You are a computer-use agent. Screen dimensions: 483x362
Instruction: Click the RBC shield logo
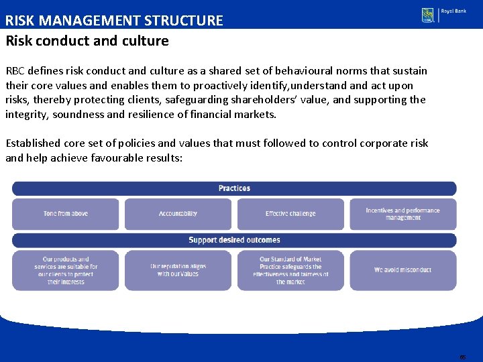coord(427,15)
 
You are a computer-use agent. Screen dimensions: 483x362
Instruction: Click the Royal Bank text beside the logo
coord(453,12)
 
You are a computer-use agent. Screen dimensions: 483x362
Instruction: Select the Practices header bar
coord(234,188)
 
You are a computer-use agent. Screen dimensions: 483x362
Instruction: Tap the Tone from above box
coord(66,214)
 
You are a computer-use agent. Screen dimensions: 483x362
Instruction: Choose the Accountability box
coord(178,214)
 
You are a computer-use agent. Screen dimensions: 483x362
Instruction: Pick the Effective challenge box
coord(290,214)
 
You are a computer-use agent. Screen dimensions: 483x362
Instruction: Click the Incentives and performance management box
coord(403,214)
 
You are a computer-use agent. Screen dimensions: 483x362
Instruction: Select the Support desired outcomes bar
coord(234,240)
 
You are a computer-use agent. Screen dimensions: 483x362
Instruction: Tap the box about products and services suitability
coord(66,270)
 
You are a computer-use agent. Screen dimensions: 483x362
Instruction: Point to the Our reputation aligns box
coord(178,270)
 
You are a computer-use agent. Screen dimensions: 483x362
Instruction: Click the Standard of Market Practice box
coord(290,270)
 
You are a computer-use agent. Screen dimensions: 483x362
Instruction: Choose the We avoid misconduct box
coord(403,270)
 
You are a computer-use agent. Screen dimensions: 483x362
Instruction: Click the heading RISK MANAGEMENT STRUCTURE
coord(114,20)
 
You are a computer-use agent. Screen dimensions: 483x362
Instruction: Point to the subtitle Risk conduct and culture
coord(87,41)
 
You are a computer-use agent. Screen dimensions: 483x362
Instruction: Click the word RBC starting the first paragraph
coord(16,71)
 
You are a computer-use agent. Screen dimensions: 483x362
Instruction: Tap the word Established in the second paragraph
coord(33,143)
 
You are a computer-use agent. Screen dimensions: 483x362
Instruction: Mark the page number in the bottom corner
coord(463,357)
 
